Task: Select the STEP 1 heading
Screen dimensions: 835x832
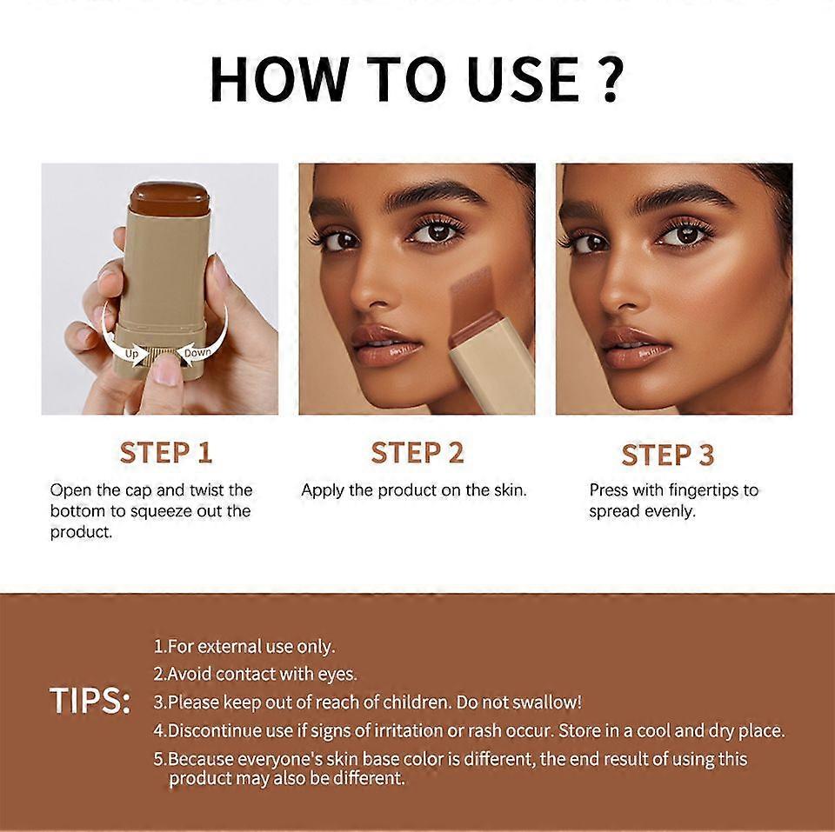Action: [166, 453]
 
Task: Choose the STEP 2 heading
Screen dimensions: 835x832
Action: [417, 453]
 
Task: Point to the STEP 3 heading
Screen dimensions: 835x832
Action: [668, 456]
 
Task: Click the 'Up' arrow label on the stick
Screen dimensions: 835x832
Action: [131, 354]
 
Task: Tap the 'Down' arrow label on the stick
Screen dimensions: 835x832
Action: [197, 352]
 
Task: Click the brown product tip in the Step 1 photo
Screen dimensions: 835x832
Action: [170, 198]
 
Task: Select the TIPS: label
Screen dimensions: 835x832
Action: [90, 700]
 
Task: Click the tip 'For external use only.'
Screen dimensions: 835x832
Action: [244, 646]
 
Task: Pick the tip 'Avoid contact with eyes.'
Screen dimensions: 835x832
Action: [255, 674]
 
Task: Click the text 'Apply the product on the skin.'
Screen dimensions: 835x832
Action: [414, 490]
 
